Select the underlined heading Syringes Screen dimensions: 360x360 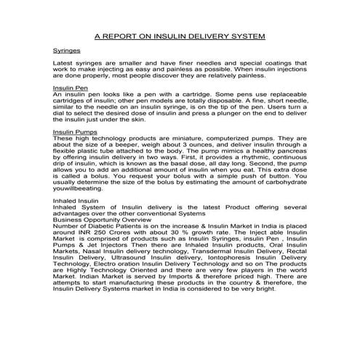(68, 52)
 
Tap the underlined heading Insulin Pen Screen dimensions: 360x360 (71, 87)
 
